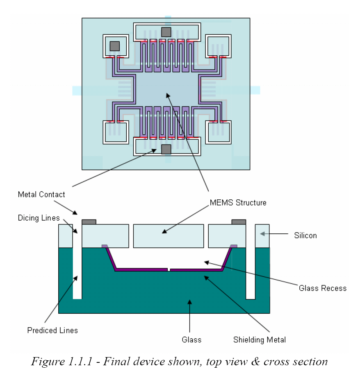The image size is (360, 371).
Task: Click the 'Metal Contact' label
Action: [x=41, y=194]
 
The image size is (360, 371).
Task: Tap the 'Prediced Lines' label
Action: [x=52, y=330]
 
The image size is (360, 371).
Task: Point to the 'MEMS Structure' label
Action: [x=238, y=202]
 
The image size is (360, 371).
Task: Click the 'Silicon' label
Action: [x=305, y=235]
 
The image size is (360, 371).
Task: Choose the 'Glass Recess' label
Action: [x=322, y=288]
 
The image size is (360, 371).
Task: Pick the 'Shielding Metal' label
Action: [x=259, y=339]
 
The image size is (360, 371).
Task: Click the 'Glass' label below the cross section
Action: [x=191, y=339]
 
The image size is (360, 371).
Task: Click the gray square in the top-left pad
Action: [x=114, y=46]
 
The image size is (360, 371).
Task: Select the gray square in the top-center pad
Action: [x=166, y=32]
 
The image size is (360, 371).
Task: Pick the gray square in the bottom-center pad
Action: [x=166, y=149]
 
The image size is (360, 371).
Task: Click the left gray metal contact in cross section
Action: [x=89, y=222]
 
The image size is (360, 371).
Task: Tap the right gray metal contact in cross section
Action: [x=239, y=222]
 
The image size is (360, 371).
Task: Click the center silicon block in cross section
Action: [x=169, y=236]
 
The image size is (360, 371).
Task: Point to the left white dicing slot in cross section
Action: [x=77, y=262]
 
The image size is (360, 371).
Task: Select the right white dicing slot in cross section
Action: [x=250, y=262]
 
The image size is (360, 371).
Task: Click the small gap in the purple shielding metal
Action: [x=169, y=269]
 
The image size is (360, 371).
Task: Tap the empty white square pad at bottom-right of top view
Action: [x=218, y=132]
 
